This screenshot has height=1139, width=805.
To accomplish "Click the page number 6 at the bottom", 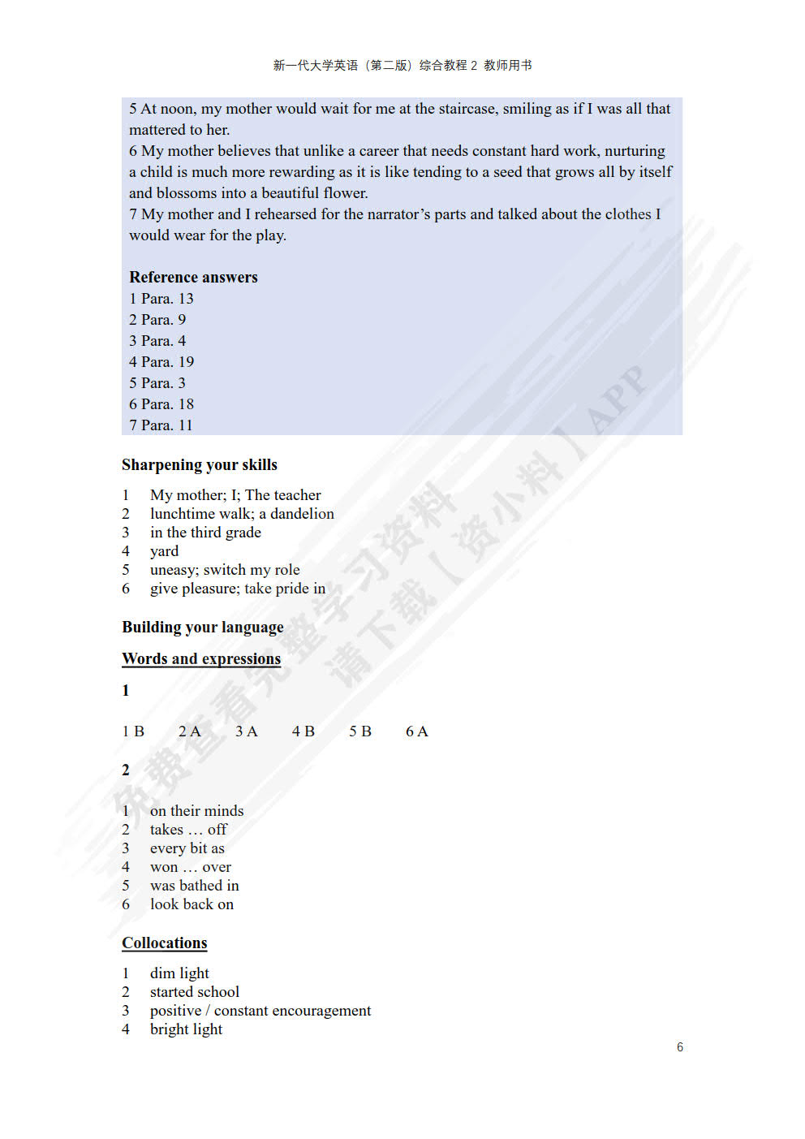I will coord(680,1047).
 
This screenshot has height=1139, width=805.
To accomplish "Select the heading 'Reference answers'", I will coord(193,277).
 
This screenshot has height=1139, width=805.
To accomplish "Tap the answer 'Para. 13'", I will coord(167,299).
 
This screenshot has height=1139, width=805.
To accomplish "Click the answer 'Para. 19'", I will coord(167,362).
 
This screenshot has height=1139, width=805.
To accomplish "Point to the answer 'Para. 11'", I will coord(166,425).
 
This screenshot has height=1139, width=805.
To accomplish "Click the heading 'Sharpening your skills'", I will coord(200,464).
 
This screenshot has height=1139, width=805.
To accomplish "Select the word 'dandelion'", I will coord(302,514).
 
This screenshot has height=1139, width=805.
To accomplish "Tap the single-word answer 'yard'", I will coord(164,551).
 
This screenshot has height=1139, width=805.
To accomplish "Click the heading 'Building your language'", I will coord(203,627).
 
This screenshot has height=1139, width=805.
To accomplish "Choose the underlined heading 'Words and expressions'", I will coord(201,658).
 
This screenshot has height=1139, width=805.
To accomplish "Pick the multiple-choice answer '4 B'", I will coord(303,731).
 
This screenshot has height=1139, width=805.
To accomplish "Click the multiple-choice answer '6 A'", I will coord(417,731).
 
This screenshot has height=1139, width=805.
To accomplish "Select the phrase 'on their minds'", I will coord(196,810).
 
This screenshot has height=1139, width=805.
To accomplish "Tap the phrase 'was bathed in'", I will coord(194,886).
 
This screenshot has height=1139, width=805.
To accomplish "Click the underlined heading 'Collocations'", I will coord(165,943).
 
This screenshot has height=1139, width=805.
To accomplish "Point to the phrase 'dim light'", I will coord(179,973).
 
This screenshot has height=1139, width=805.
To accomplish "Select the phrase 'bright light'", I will coord(186,1029).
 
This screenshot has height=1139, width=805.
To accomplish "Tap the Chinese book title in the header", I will coord(402,66).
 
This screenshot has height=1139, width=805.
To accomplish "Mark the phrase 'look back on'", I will coord(192,904).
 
